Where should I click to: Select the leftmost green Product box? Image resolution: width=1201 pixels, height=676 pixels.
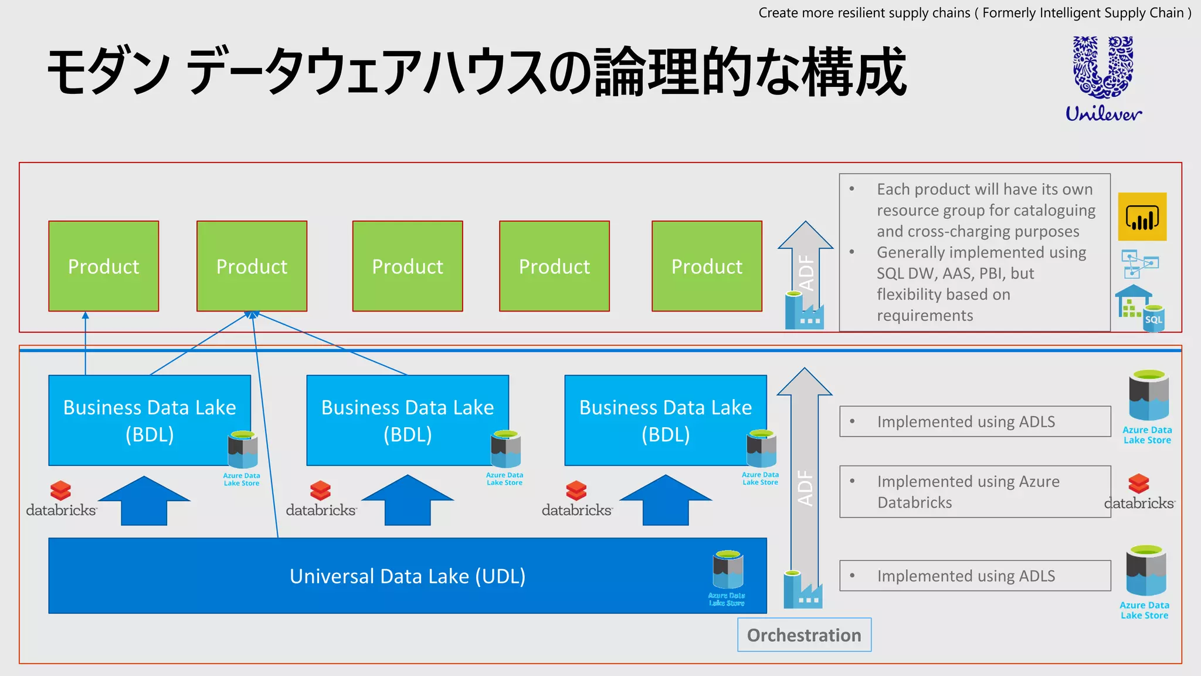tap(104, 266)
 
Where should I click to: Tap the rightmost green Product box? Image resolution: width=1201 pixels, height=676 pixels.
tap(707, 266)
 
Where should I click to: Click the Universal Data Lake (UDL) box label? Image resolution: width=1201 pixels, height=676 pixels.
tap(408, 576)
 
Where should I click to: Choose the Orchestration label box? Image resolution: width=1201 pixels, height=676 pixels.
tap(804, 635)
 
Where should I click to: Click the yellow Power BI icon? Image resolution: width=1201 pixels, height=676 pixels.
tap(1142, 217)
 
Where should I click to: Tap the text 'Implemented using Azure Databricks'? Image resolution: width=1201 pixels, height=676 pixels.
tap(968, 492)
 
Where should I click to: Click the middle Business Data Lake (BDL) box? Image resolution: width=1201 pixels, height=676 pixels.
tap(408, 420)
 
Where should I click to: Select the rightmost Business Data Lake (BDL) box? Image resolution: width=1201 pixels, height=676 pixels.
tap(665, 420)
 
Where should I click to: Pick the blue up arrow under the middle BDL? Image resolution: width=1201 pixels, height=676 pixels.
tap(408, 500)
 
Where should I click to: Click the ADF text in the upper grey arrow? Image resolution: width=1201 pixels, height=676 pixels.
tap(807, 272)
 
